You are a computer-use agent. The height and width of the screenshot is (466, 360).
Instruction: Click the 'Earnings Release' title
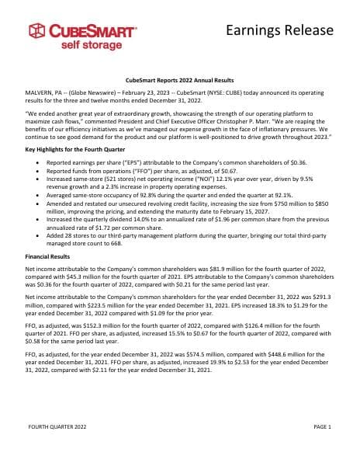point(280,30)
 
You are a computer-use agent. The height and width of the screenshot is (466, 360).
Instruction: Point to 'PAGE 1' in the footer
point(323,426)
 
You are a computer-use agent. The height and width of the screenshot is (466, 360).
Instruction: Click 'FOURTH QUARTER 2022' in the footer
point(56,426)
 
